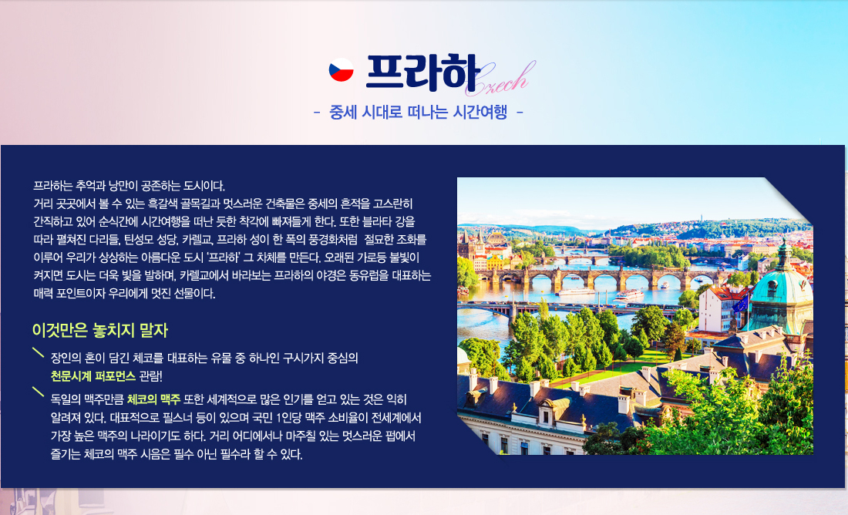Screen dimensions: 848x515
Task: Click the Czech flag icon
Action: pyautogui.click(x=342, y=70)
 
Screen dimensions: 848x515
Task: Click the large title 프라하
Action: pyautogui.click(x=422, y=72)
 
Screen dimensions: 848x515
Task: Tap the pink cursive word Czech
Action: pyautogui.click(x=500, y=79)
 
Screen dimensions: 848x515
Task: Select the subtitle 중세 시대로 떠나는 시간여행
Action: pyautogui.click(x=418, y=112)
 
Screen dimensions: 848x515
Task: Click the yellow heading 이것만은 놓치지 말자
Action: pyautogui.click(x=100, y=330)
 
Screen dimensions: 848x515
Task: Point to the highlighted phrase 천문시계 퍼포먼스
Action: pyautogui.click(x=93, y=376)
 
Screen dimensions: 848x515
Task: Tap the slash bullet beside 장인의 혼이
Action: pyautogui.click(x=38, y=352)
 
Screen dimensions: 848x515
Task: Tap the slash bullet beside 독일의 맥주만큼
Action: pyautogui.click(x=38, y=392)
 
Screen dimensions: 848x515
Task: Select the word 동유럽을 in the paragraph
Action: pyautogui.click(x=368, y=275)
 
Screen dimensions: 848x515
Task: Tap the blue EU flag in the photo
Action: pyautogui.click(x=740, y=304)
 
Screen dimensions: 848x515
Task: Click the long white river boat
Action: pyautogui.click(x=576, y=291)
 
